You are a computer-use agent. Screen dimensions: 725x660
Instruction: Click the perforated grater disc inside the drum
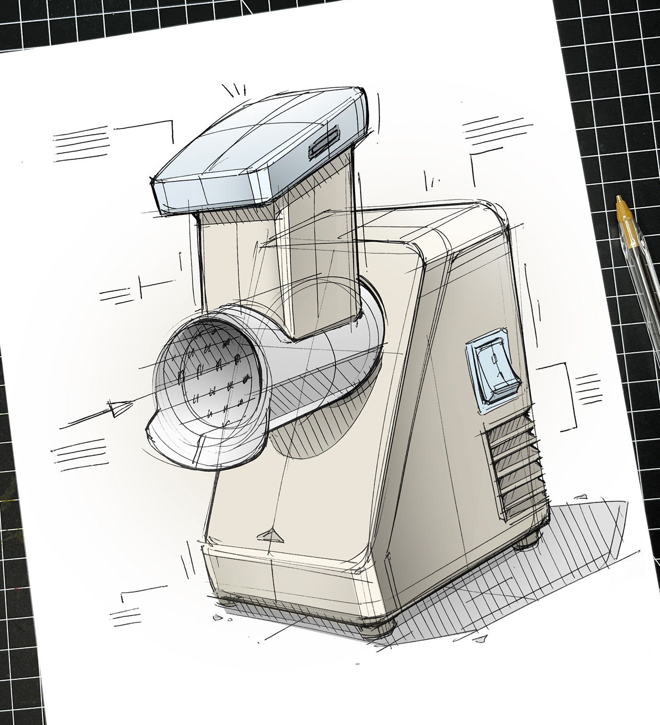217,377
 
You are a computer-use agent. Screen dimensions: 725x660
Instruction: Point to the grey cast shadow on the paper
566,579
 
